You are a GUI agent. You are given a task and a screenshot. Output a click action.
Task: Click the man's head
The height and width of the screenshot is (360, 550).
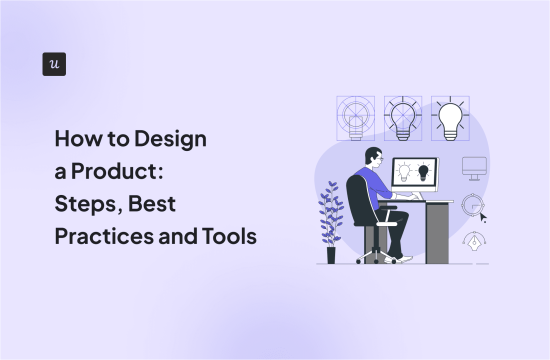(x=374, y=157)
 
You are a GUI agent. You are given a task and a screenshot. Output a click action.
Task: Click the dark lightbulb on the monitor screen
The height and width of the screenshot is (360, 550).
(x=424, y=173)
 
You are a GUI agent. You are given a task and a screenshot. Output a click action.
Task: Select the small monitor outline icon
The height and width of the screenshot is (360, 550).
(x=474, y=168)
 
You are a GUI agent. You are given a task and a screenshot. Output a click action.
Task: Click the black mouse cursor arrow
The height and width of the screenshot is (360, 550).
(x=483, y=216)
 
